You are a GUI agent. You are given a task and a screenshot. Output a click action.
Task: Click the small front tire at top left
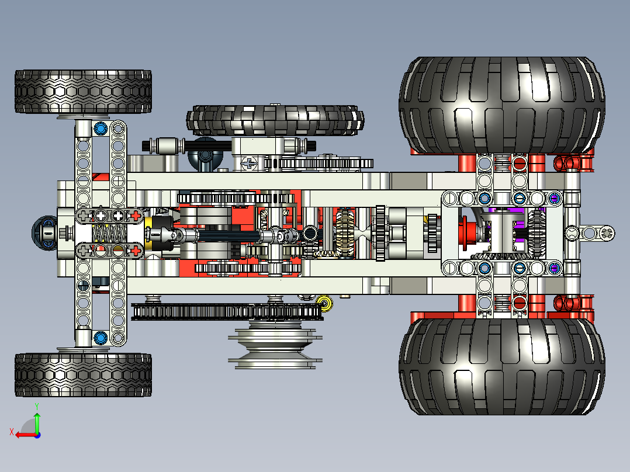click(83, 92)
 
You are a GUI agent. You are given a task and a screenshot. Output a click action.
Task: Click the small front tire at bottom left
click(83, 374)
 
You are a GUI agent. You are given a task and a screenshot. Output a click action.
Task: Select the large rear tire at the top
click(501, 105)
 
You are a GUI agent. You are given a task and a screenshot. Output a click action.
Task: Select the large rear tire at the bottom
click(501, 366)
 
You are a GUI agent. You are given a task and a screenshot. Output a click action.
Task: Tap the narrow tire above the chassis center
click(275, 120)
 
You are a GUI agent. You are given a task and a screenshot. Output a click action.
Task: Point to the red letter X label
click(11, 432)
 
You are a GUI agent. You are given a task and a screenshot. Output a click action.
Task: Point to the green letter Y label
click(36, 405)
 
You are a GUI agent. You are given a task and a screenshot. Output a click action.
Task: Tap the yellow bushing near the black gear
click(324, 303)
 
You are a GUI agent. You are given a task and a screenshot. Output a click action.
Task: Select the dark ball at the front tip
click(43, 233)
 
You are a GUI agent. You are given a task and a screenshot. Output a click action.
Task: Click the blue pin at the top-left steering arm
click(100, 128)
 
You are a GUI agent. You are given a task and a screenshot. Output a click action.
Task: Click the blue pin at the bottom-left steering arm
click(100, 337)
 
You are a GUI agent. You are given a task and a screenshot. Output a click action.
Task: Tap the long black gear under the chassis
click(227, 311)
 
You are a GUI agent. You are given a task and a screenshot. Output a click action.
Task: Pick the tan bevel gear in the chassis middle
click(345, 233)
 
